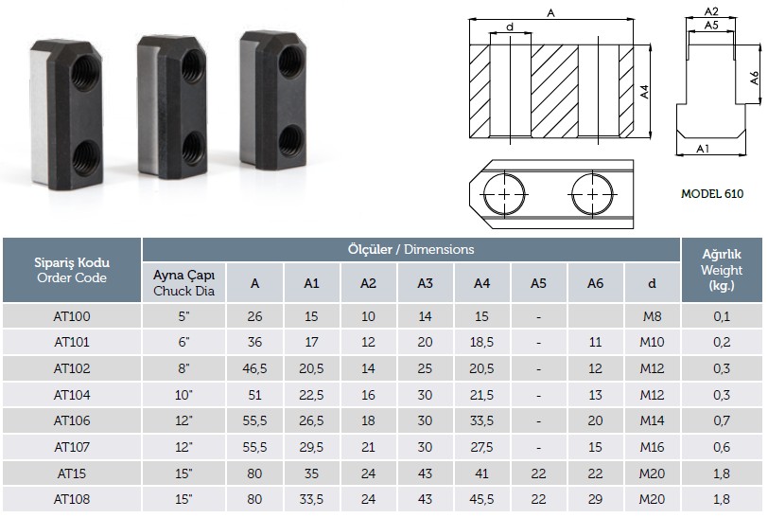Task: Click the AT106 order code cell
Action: click(72, 420)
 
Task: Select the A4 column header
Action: click(481, 283)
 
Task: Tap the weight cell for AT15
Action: click(722, 473)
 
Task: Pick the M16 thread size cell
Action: click(652, 447)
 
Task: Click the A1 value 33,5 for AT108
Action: click(311, 499)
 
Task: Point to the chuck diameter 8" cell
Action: click(183, 368)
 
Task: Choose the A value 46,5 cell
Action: click(254, 368)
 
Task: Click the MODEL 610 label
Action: click(712, 194)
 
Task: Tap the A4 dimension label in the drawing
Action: click(645, 92)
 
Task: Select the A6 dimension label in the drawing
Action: click(755, 78)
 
